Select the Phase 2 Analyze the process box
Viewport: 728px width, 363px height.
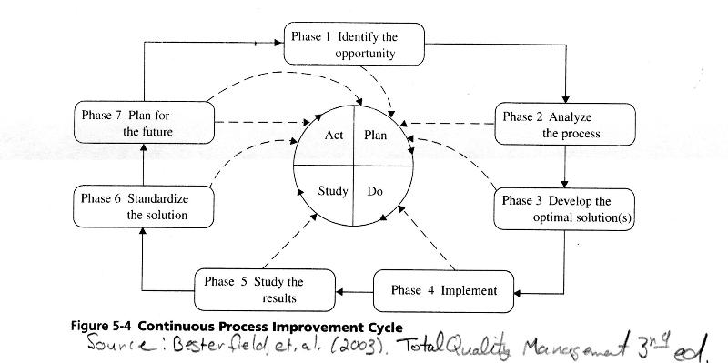pyautogui.click(x=564, y=125)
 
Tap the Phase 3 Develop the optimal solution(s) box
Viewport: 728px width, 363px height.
pyautogui.click(x=564, y=208)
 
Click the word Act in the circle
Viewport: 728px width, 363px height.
pyautogui.click(x=333, y=135)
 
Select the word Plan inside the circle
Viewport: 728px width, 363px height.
pyautogui.click(x=376, y=135)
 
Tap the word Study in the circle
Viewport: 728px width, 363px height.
pyautogui.click(x=332, y=192)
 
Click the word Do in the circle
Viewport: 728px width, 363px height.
pyautogui.click(x=375, y=192)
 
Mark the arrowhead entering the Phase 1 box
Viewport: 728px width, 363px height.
pyautogui.click(x=281, y=41)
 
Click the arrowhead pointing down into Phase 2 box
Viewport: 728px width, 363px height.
pyautogui.click(x=566, y=97)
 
